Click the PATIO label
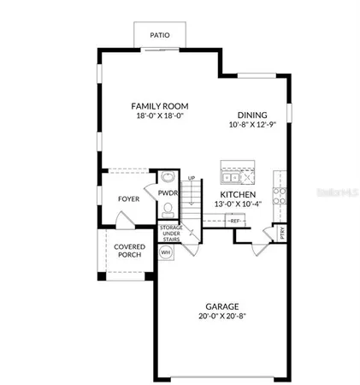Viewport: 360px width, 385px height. (x=160, y=36)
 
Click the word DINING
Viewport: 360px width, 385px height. (x=252, y=115)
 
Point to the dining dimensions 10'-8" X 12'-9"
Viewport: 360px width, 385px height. (x=252, y=124)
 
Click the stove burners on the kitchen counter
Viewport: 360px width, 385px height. (x=278, y=193)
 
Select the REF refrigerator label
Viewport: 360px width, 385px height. (x=235, y=221)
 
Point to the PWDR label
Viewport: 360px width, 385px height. (x=168, y=194)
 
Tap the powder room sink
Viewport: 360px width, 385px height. (x=168, y=179)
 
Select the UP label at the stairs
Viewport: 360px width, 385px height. (x=191, y=178)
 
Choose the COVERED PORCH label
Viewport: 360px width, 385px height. (x=129, y=252)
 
